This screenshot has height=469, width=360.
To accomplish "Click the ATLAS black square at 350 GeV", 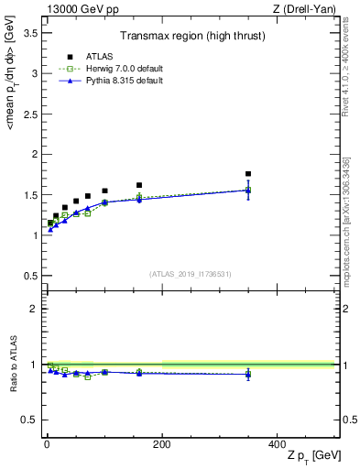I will click(x=248, y=174).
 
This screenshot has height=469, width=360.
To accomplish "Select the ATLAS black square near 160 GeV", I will click(x=139, y=185).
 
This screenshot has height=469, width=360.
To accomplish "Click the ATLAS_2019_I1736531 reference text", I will click(x=190, y=274).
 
